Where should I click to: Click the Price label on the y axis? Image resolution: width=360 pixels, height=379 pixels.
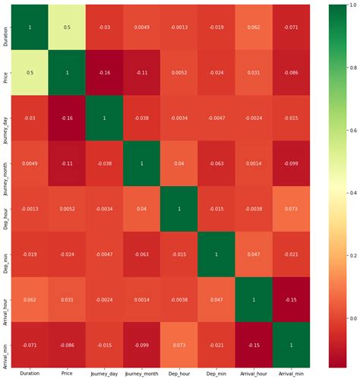5,73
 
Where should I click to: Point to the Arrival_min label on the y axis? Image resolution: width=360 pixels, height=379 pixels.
5,344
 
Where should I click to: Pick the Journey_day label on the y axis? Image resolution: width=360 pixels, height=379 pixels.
5,118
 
